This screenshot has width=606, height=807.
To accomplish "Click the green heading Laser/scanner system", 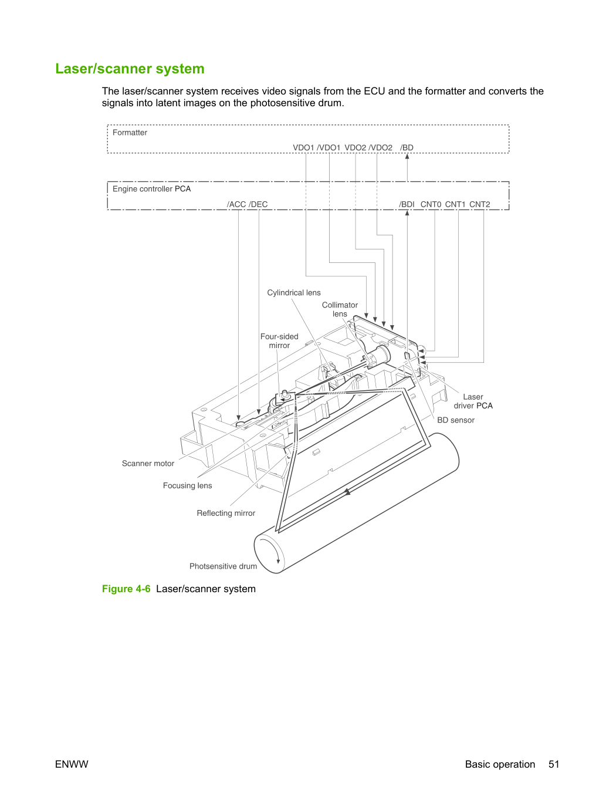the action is tap(130, 69).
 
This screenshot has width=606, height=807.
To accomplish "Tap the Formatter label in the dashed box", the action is tap(130, 133).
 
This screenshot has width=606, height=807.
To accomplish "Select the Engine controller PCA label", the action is tap(151, 189).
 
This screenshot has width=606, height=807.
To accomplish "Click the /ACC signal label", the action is tap(236, 204).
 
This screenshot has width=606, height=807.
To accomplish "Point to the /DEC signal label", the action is tap(258, 204).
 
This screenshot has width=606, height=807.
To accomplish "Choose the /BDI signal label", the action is tap(407, 204).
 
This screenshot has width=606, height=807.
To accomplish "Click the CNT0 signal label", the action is tap(431, 204).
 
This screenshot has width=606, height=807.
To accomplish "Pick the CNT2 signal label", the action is tap(480, 204).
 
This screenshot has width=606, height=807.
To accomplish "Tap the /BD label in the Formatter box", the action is tap(407, 148).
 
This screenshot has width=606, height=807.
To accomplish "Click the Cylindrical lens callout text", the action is tap(294, 293).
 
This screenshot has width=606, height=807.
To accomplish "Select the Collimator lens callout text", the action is tap(340, 309).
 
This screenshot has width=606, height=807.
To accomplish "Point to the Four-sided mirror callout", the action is tap(279, 341).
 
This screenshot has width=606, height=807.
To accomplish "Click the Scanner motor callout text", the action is tap(148, 463).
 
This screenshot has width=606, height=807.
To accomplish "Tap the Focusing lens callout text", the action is tap(187, 486).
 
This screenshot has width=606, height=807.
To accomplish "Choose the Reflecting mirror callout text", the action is tap(226, 513).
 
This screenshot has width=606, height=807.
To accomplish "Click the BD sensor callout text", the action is tap(456, 420).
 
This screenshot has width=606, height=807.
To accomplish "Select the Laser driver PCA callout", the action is tap(473, 401).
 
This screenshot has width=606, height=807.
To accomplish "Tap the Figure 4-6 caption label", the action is tap(126, 589).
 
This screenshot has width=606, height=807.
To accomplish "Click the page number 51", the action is tap(554, 764).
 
